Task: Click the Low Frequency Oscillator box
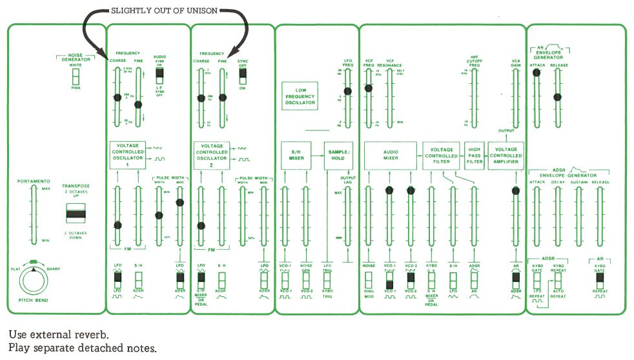pyautogui.click(x=300, y=96)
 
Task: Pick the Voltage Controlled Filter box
pyautogui.click(x=442, y=156)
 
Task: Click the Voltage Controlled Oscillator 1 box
pyautogui.click(x=127, y=155)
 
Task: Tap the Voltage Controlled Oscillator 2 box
pyautogui.click(x=211, y=155)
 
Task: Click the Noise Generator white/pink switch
pyautogui.click(x=76, y=77)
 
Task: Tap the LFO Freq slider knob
pyautogui.click(x=348, y=92)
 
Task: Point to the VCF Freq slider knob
pyautogui.click(x=369, y=88)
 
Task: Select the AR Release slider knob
pyautogui.click(x=558, y=97)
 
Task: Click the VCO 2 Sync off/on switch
pyautogui.click(x=243, y=75)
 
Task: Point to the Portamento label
pyautogui.click(x=30, y=182)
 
